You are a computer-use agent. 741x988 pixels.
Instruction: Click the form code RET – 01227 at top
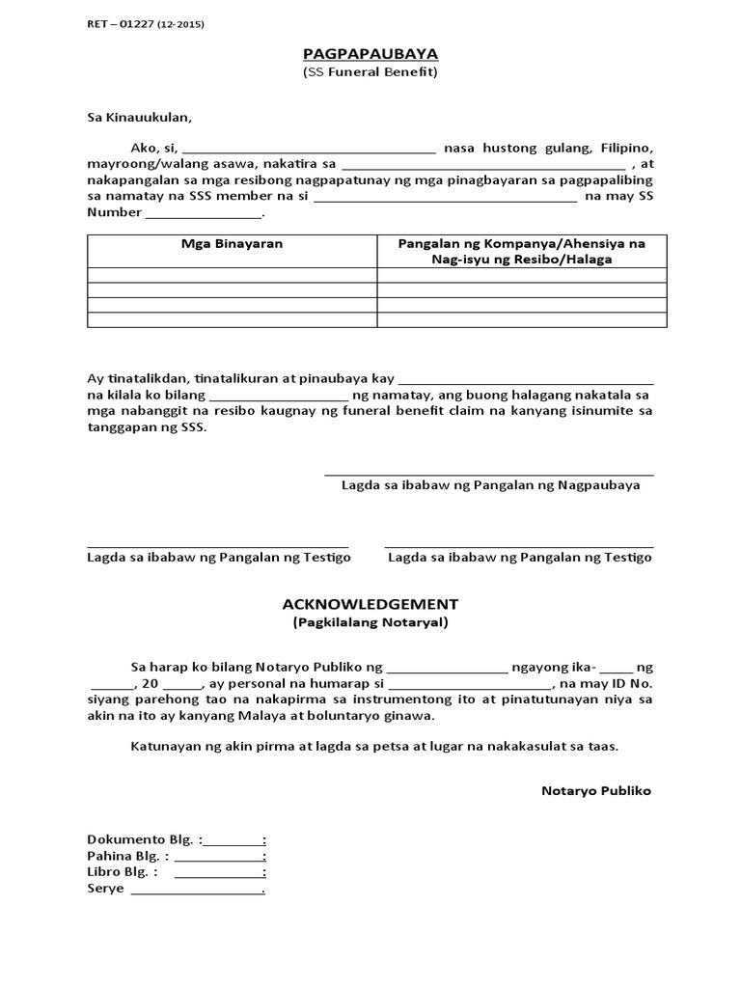(x=145, y=24)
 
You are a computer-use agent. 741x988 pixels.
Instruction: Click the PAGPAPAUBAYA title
(x=370, y=55)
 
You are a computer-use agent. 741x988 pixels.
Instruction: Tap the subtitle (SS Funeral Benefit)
(x=370, y=72)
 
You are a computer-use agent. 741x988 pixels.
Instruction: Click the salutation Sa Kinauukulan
(x=140, y=118)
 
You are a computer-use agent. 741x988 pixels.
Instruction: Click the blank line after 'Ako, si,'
(x=309, y=151)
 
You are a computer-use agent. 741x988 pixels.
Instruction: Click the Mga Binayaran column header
(x=233, y=244)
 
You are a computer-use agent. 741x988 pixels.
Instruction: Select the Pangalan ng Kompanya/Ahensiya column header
(x=522, y=252)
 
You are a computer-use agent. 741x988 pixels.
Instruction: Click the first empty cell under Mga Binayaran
(x=233, y=276)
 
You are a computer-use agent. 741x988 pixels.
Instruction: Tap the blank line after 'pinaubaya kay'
(x=526, y=381)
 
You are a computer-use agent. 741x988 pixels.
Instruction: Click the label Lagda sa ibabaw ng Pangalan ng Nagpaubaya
(x=490, y=485)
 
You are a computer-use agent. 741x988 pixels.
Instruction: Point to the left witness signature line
(x=218, y=545)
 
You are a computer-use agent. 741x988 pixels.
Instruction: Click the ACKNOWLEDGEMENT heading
(x=370, y=604)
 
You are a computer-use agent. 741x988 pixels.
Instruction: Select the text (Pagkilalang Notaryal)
(x=370, y=622)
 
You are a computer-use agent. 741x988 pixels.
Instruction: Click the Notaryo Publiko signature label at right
(x=596, y=791)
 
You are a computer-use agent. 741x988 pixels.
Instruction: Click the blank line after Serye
(x=197, y=891)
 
